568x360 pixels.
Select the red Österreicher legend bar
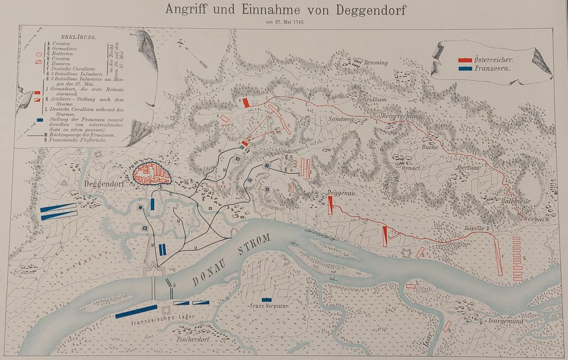(x=465, y=60)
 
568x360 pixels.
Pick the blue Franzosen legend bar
(x=465, y=69)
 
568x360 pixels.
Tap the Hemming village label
(x=376, y=62)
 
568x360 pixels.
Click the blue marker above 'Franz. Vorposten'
(x=267, y=299)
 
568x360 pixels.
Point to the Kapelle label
(x=474, y=228)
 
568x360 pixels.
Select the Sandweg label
(x=340, y=120)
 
